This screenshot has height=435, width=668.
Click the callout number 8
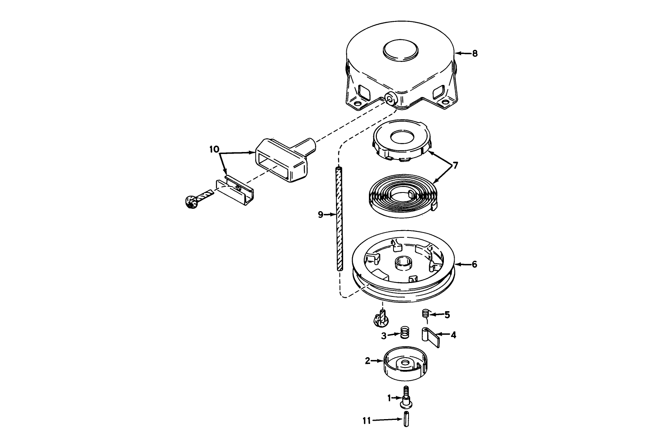coord(475,53)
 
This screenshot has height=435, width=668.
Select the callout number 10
coord(214,150)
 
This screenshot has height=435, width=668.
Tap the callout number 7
coord(455,165)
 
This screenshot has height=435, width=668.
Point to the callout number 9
coord(321,215)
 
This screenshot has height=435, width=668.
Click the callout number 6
coord(474,264)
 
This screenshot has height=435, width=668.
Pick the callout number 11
coord(367,420)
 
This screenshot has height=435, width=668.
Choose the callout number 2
coord(367,361)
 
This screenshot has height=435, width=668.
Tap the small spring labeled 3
coord(404,333)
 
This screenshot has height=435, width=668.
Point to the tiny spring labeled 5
coord(425,314)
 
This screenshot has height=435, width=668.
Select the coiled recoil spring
coord(402,197)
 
